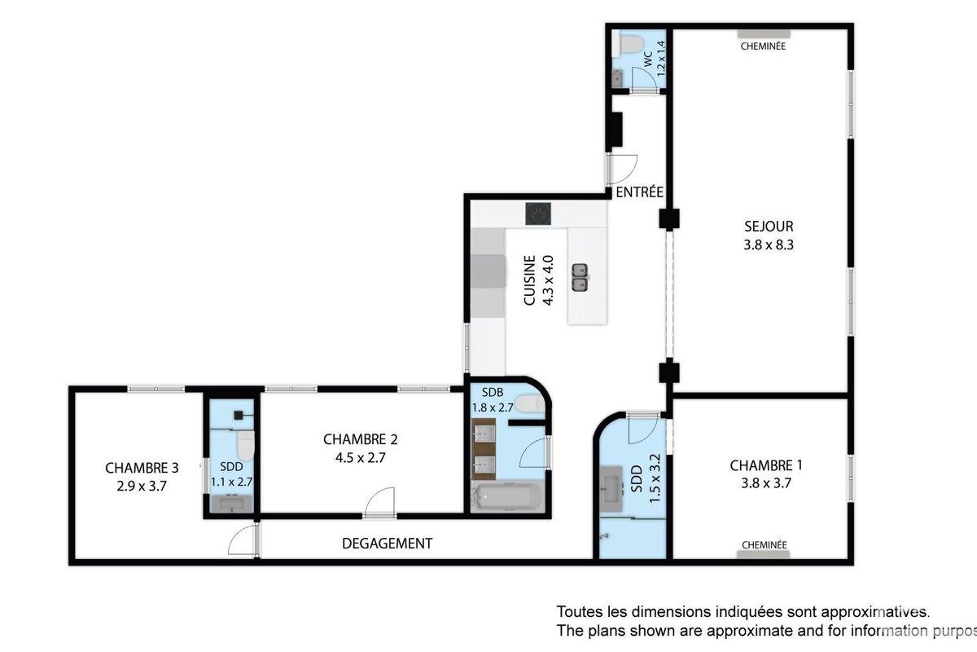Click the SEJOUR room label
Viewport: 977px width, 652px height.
[768, 227]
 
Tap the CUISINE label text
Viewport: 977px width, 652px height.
[529, 281]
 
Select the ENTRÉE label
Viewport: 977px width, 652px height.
[639, 192]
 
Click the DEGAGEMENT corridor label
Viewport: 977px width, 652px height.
[387, 544]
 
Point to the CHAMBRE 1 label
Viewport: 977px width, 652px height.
[766, 465]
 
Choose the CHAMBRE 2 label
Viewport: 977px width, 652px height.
[360, 439]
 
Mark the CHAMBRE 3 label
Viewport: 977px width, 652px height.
[142, 468]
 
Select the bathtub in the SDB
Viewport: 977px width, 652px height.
[508, 497]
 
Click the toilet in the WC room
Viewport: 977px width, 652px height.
[628, 43]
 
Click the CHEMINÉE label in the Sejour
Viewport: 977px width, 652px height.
[763, 46]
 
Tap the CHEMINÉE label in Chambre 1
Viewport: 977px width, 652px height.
[764, 544]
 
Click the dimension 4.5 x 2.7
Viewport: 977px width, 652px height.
[360, 457]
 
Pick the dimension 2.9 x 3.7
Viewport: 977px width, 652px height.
[142, 486]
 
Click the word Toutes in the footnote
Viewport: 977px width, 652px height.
[576, 611]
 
